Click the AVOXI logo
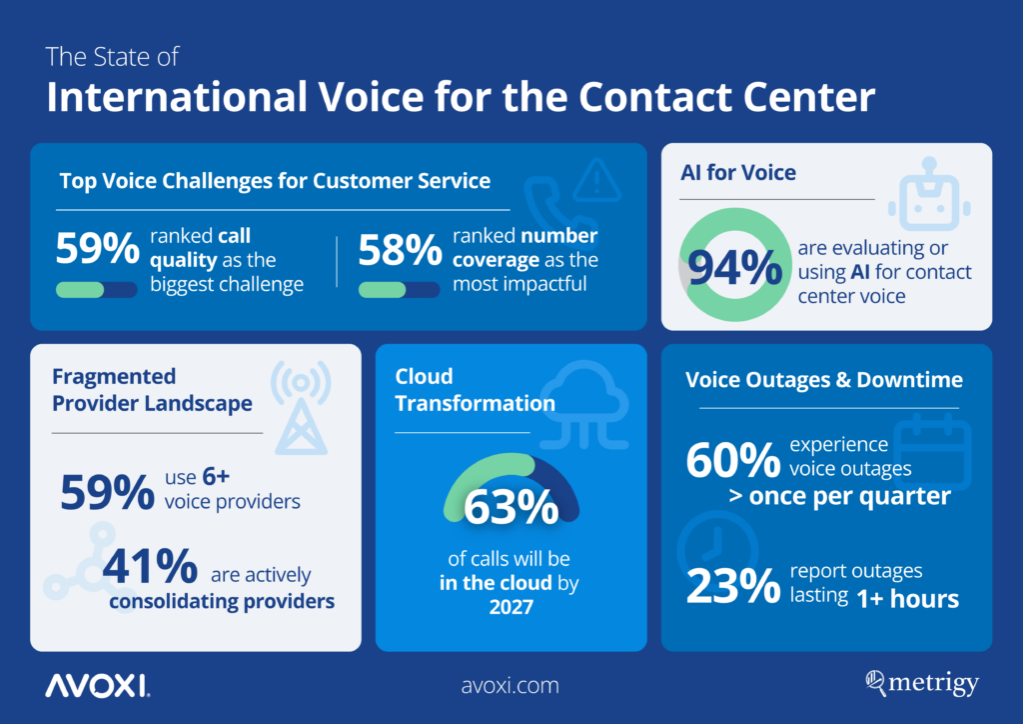click(97, 685)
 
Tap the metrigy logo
click(922, 684)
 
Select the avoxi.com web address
click(511, 686)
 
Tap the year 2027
click(511, 608)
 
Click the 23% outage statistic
click(732, 586)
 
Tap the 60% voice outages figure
click(732, 460)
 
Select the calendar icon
click(932, 451)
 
